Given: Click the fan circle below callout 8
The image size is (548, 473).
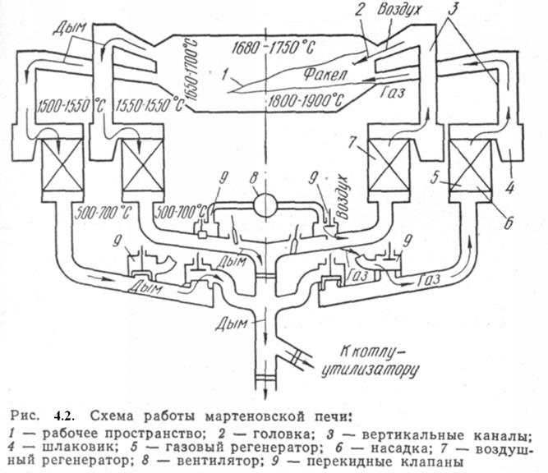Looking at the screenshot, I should tap(265, 203).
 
